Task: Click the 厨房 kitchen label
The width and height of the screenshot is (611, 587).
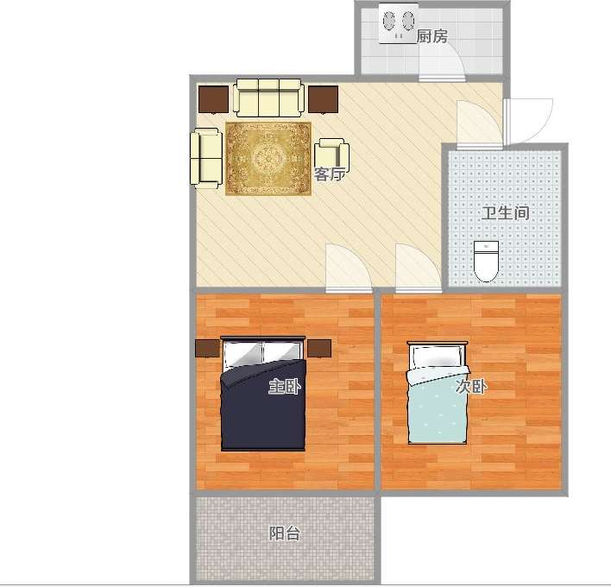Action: click(431, 36)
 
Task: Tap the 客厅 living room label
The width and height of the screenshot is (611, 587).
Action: click(330, 174)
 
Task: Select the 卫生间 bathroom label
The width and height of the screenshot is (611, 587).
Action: click(506, 213)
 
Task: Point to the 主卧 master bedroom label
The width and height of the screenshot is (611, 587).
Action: click(285, 386)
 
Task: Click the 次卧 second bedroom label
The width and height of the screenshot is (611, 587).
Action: click(471, 386)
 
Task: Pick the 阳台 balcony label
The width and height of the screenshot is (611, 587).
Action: click(285, 533)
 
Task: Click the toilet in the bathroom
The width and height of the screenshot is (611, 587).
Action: click(486, 261)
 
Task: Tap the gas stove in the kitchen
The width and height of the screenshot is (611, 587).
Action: click(398, 23)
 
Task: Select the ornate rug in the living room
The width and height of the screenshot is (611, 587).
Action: click(268, 158)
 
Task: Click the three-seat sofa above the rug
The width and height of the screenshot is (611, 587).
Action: click(269, 98)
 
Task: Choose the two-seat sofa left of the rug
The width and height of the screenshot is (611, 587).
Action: click(206, 158)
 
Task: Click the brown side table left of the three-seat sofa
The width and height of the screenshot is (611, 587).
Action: click(213, 99)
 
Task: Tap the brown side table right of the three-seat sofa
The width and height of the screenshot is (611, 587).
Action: click(323, 99)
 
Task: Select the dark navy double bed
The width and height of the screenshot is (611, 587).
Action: click(263, 394)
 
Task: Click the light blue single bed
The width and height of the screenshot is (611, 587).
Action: click(437, 393)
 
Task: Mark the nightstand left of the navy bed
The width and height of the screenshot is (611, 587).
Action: click(208, 348)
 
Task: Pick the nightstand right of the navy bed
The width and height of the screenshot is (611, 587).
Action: click(319, 348)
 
